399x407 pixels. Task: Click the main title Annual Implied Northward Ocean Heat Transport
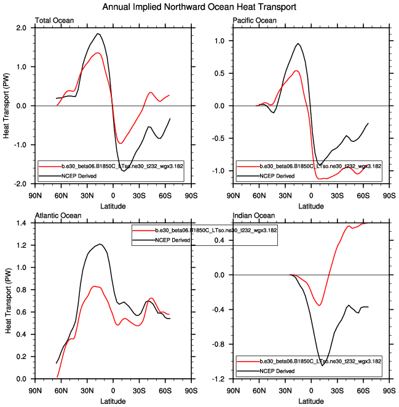pos(200,7)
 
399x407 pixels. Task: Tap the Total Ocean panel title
pos(55,21)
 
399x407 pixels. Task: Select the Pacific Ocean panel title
pos(255,21)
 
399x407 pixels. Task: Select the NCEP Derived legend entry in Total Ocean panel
pos(73,176)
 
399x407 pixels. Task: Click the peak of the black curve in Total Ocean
pos(98,34)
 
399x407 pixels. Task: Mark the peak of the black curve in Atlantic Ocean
pos(100,244)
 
